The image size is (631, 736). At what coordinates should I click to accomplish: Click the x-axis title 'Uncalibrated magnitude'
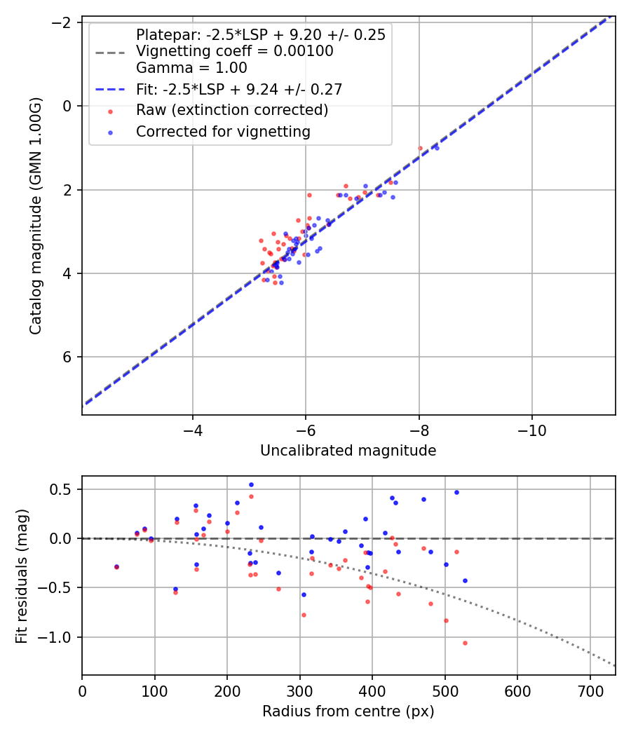pos(348,451)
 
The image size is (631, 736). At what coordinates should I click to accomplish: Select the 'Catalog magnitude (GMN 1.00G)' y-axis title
pos(36,216)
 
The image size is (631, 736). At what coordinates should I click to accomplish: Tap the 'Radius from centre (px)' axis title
pos(348,711)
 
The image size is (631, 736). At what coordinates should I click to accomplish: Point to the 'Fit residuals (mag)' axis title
pos(22,575)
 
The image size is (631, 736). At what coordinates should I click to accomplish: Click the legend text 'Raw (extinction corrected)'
pos(232,110)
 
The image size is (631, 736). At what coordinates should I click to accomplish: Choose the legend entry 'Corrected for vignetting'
pos(223,131)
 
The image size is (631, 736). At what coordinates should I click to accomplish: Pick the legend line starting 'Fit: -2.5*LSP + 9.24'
pos(239,89)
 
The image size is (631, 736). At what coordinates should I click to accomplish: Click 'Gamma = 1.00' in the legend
pos(191,68)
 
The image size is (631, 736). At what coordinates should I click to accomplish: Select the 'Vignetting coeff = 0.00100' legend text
pos(234,51)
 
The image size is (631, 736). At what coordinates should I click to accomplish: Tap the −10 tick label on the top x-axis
pos(531,427)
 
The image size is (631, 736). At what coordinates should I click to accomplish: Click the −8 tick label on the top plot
pos(419,427)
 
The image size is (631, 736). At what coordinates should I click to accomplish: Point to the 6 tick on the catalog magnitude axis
pos(68,357)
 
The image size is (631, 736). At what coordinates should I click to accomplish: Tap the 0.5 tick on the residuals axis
pos(64,489)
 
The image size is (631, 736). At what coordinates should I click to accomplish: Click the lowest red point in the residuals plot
pos(465,643)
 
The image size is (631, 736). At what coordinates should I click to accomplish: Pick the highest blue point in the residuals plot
pos(251,484)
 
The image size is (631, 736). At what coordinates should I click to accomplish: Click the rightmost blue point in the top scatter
pos(437,148)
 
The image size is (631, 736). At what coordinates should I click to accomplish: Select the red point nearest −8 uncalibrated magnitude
pos(420,148)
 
